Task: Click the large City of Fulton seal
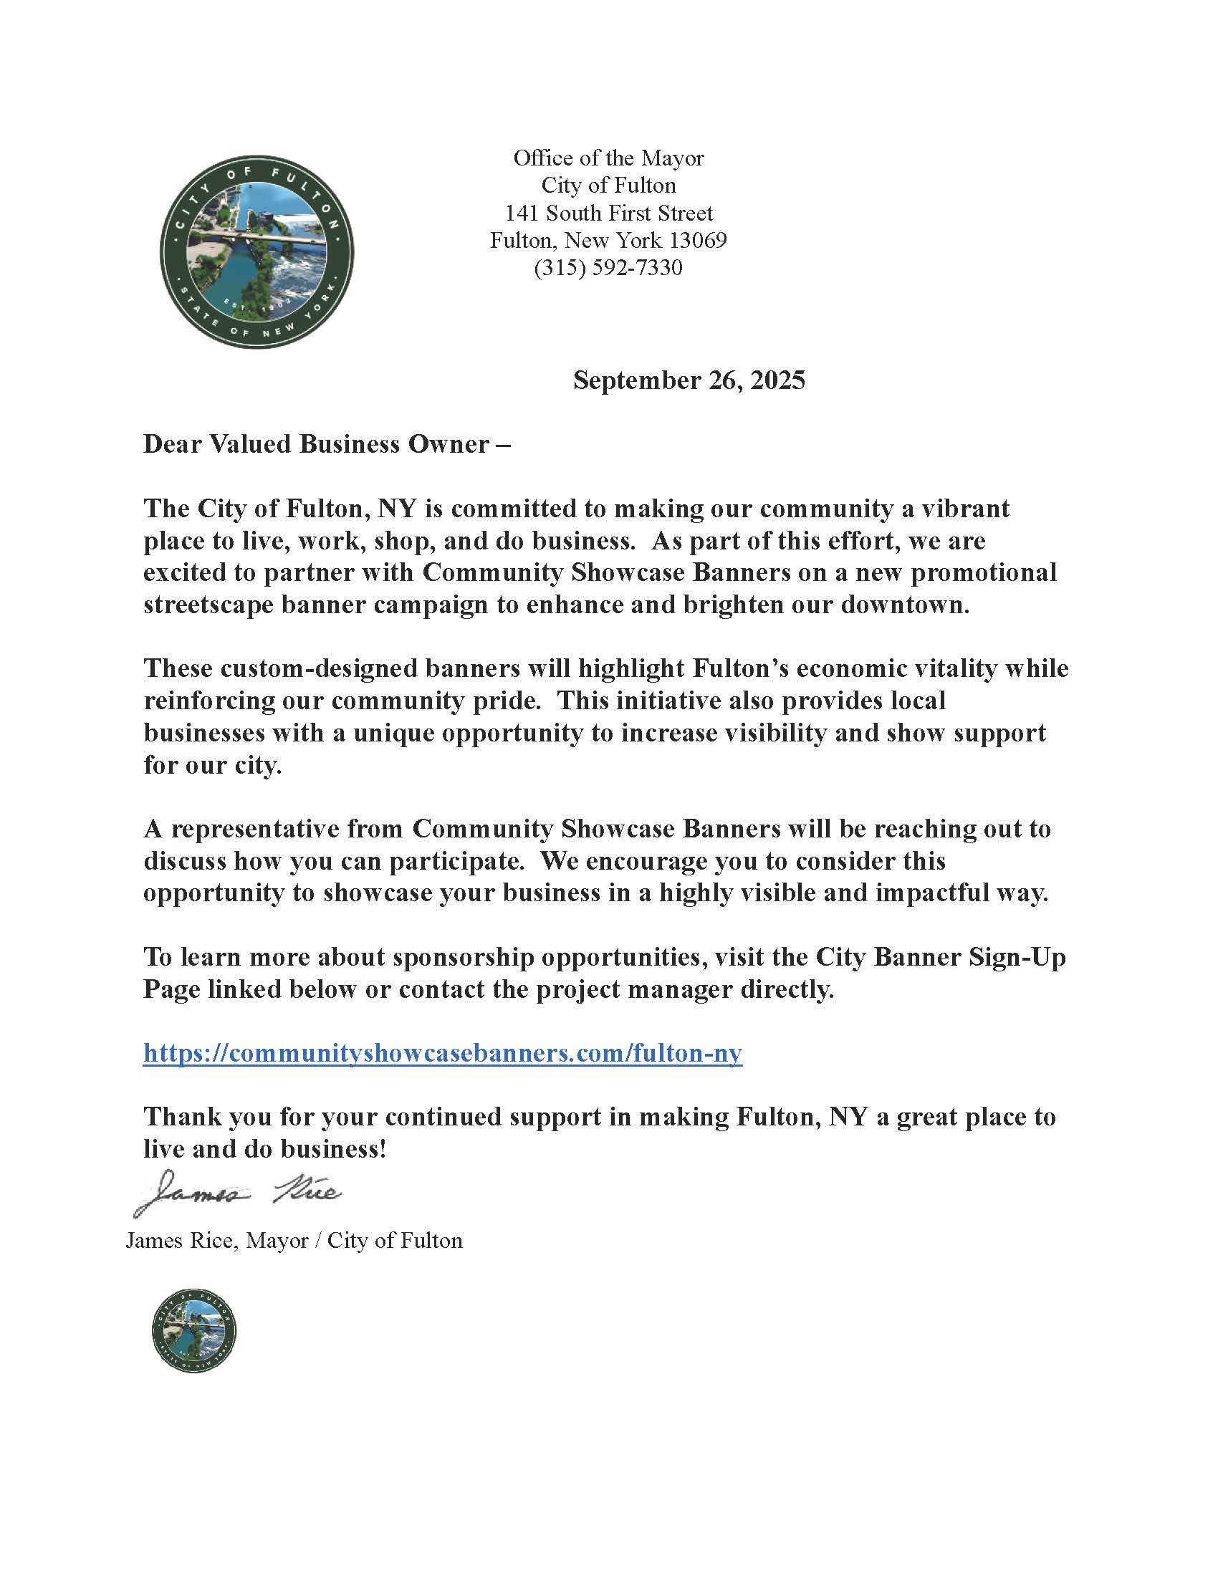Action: pyautogui.click(x=256, y=252)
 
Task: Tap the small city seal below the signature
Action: pyautogui.click(x=194, y=1330)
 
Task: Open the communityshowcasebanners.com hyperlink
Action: pyautogui.click(x=442, y=1053)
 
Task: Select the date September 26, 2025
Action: pyautogui.click(x=689, y=380)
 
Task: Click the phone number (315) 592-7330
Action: pyautogui.click(x=608, y=268)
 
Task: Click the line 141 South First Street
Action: pyautogui.click(x=608, y=213)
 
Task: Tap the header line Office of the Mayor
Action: pyautogui.click(x=608, y=158)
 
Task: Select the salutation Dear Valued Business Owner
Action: pyautogui.click(x=326, y=444)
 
